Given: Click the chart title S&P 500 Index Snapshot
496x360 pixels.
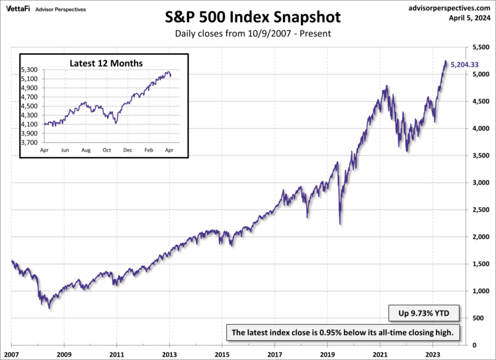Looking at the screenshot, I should tap(248, 15).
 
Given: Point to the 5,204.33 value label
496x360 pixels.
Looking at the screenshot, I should tap(465, 65).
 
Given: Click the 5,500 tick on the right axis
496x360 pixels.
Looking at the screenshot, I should tap(481, 47).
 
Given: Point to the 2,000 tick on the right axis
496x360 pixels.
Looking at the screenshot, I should tap(481, 236).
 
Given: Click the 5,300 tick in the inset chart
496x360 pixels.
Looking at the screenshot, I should tap(30, 69).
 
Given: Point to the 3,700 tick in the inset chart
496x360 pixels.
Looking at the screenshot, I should tap(30, 142).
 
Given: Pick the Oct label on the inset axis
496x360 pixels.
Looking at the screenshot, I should tap(107, 151).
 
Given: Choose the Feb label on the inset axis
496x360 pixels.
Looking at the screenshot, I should tap(149, 151).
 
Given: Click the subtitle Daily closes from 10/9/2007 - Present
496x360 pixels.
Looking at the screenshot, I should tap(248, 33).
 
